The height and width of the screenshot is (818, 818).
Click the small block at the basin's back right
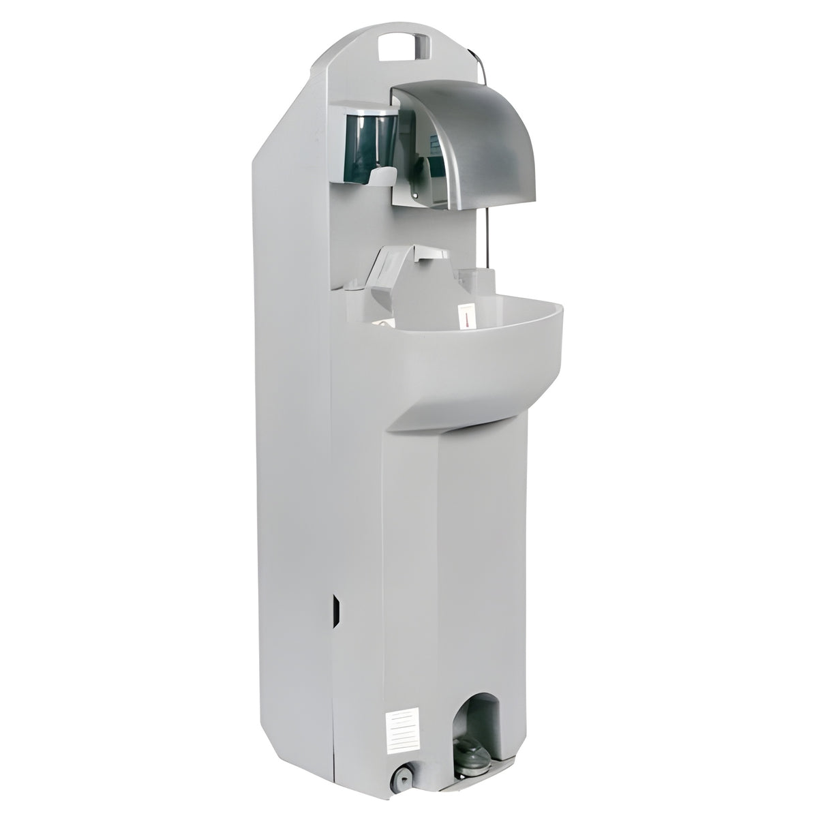click(481, 279)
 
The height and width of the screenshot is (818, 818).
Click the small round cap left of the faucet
click(354, 289)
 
